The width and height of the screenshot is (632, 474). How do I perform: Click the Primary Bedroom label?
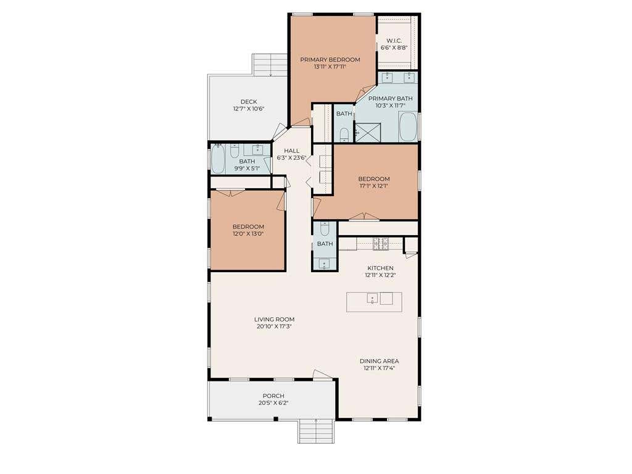330,60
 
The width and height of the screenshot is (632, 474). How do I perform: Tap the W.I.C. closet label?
394,41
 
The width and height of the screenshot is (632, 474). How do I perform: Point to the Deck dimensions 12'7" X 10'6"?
249,109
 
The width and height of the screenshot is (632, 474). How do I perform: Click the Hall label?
292,151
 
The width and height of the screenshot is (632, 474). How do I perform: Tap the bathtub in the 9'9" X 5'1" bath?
218,159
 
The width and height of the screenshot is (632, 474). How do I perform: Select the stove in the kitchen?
380,244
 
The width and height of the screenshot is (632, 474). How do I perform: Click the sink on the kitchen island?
372,298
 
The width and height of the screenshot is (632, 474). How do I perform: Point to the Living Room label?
274,319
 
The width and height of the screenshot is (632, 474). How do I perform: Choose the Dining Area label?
380,361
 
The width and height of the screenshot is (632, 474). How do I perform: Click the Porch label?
273,396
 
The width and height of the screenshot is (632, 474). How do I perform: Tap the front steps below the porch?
316,431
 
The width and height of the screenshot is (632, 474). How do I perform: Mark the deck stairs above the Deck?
269,65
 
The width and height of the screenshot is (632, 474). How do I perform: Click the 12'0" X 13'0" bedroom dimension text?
248,234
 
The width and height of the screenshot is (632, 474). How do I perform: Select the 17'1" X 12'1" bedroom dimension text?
374,186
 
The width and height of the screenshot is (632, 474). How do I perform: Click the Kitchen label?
380,268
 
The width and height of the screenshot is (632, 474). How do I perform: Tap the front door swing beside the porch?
323,375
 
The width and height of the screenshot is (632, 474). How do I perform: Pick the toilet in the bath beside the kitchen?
325,228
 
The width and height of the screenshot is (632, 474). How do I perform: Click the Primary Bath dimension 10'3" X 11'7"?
390,106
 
